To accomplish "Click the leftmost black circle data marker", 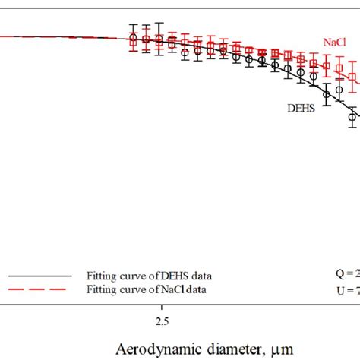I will click(x=133, y=39).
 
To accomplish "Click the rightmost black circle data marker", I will click(x=353, y=116).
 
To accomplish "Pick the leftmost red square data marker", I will click(x=134, y=43).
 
